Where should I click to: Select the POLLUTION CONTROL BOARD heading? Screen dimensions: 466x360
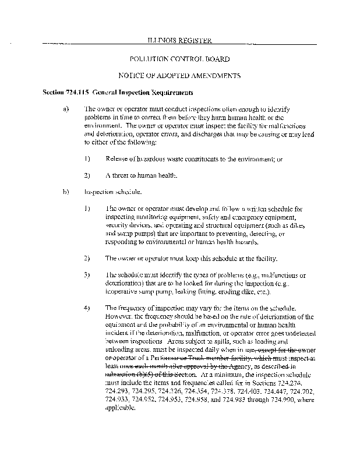tap(179, 59)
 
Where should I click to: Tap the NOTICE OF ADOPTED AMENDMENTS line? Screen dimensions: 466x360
tap(179, 76)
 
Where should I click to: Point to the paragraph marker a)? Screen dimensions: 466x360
tap(65, 108)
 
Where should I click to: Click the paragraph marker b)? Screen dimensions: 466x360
tap(65, 191)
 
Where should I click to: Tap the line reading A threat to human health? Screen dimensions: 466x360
tap(142, 175)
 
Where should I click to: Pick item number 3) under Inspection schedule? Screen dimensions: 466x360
tap(87, 274)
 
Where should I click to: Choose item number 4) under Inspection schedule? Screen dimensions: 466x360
tap(87, 307)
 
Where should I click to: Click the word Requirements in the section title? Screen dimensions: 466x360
tap(172, 93)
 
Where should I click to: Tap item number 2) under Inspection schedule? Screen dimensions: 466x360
tap(87, 257)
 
